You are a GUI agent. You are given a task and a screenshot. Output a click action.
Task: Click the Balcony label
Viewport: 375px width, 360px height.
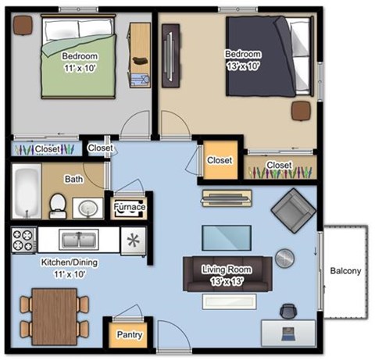point(345,272)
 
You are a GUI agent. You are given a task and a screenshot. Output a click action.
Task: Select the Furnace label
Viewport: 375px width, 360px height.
point(129,208)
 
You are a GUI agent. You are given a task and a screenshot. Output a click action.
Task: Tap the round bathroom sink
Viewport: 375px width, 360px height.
point(87,209)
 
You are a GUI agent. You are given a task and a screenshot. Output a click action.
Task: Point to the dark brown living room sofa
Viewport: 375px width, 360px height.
point(227,274)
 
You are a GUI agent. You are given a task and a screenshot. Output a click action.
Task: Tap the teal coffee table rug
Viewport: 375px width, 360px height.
point(227,237)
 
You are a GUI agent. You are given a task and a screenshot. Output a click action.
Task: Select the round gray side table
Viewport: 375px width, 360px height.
point(285,258)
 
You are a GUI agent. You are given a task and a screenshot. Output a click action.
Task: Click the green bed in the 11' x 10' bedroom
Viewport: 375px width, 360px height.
point(78,59)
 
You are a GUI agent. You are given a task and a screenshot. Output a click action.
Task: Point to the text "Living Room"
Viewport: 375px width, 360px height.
point(225,269)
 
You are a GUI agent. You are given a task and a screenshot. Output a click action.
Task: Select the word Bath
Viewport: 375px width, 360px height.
point(74,179)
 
